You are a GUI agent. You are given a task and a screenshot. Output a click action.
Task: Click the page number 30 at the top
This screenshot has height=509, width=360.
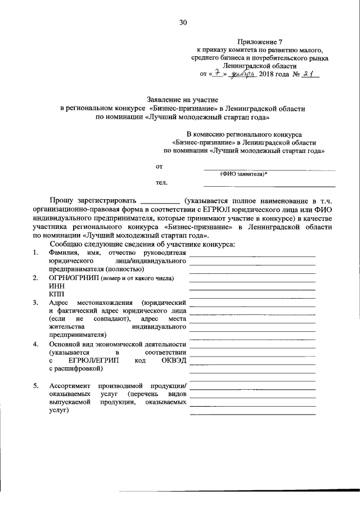coord(183,22)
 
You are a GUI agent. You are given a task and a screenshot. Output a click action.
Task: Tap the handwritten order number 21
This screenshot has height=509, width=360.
coord(307,74)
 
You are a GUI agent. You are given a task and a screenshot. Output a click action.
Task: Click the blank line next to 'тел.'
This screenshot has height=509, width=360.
coord(269,185)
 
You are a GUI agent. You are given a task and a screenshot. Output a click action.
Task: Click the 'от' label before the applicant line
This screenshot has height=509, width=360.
coord(159,166)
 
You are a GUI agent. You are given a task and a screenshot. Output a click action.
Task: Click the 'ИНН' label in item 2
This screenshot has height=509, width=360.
coord(57,286)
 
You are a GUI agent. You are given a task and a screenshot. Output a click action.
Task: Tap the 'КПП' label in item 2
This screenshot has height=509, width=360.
coord(57,294)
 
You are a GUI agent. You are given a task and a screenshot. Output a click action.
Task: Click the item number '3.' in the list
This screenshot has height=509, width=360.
coord(35,303)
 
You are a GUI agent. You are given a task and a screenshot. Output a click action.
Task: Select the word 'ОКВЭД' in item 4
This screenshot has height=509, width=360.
coord(174,360)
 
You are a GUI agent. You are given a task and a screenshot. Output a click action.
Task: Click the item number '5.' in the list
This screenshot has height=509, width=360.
coord(35,386)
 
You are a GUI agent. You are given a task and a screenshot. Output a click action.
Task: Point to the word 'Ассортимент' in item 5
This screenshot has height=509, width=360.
coord(69,386)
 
